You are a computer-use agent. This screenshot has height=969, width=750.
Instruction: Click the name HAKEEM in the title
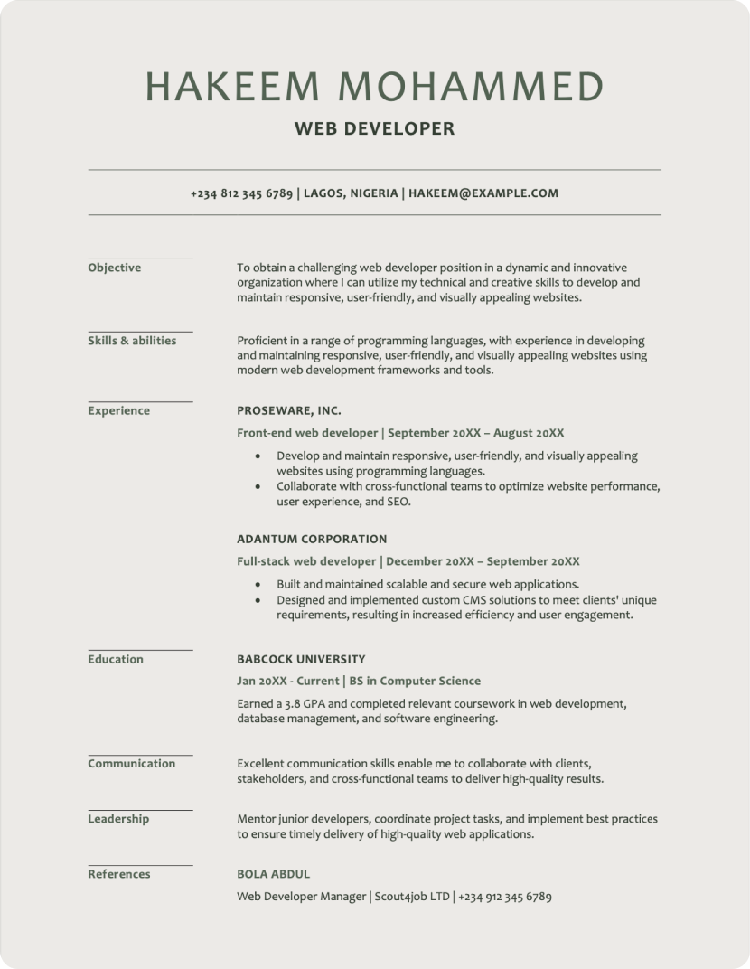coord(232,86)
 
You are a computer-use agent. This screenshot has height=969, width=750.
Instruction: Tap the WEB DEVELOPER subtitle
coord(374,129)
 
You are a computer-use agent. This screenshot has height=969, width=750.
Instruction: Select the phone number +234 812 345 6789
coord(241,193)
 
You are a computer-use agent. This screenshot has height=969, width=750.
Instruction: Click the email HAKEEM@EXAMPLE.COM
coord(483,193)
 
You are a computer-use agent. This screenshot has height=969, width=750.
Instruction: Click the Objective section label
coord(115,268)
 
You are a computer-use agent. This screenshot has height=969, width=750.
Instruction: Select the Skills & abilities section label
coord(132,341)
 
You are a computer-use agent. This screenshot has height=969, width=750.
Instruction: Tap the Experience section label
coord(118,410)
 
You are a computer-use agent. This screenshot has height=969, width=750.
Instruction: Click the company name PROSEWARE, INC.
coord(289,410)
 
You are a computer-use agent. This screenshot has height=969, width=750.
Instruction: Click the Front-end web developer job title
coord(307,433)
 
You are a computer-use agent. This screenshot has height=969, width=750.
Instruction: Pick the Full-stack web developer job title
coord(306,561)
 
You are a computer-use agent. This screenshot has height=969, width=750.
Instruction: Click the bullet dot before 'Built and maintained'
coord(259,585)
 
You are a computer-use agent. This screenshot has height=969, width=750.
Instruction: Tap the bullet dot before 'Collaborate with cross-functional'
coord(259,487)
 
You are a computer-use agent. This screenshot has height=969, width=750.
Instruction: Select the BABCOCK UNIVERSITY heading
coord(301,659)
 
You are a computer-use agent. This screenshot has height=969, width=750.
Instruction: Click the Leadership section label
coord(118,819)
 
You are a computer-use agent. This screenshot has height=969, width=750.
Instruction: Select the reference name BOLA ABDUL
coord(273,874)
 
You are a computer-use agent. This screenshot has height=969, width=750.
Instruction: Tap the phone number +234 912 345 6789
coord(504,897)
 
